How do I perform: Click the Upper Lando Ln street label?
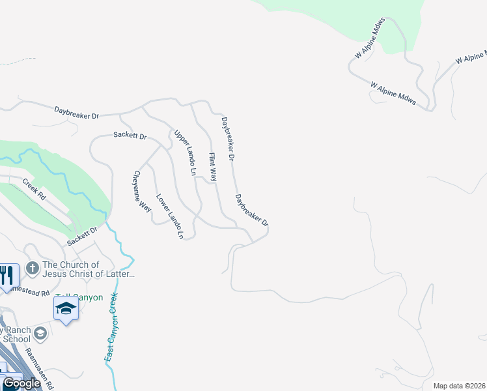184,153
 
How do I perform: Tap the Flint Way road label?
212,167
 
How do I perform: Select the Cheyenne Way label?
142,192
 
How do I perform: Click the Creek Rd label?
35,190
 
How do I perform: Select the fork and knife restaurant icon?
6,274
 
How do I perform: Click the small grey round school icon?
40,334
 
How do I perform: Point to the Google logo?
21,383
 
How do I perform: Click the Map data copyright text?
460,386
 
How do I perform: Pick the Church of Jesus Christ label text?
89,269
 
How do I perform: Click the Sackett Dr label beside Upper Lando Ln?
130,136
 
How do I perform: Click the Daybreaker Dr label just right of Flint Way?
227,139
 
